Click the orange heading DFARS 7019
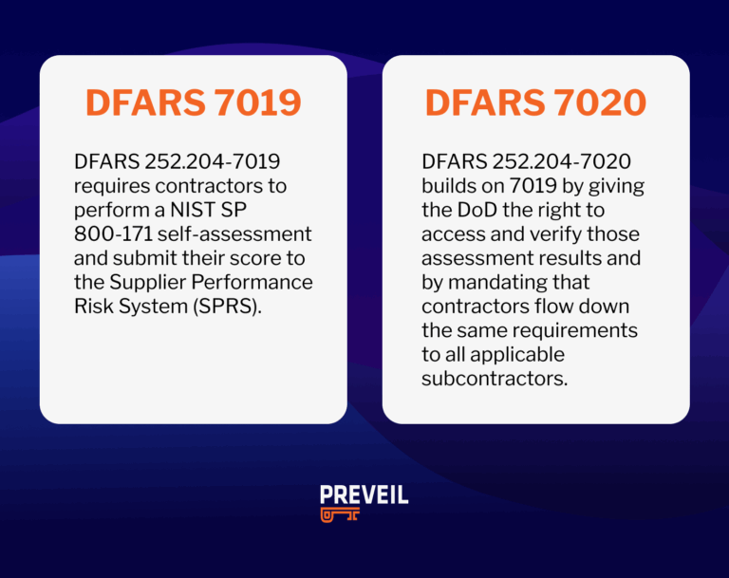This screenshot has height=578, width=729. coord(193,103)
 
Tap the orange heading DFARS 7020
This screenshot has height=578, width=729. coord(535,103)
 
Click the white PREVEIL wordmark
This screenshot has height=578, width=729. coord(364,494)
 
